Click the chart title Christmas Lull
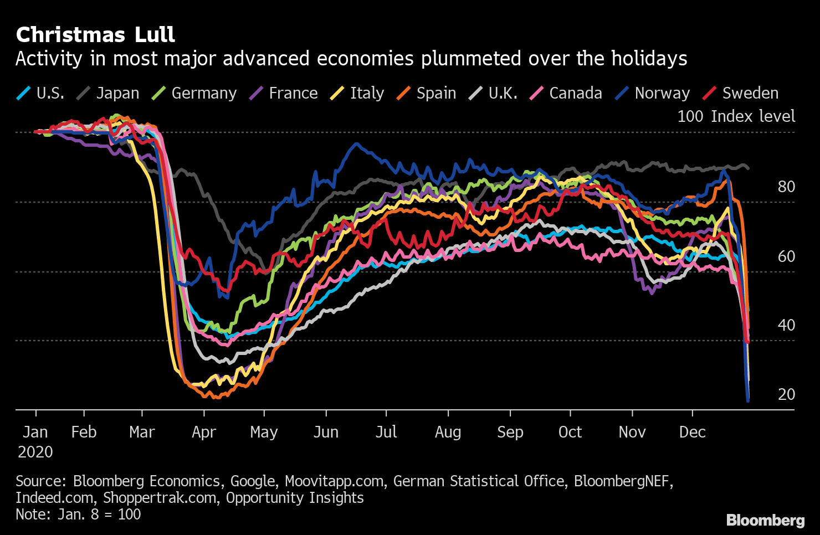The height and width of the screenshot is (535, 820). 95,35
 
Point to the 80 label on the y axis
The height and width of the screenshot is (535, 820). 786,187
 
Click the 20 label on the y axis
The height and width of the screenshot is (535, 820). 786,394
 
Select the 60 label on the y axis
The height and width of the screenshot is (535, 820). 786,256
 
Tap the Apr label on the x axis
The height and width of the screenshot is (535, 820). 204,433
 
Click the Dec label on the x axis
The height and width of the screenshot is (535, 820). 692,432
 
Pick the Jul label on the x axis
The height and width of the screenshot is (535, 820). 386,432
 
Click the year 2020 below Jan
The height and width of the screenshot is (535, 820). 35,452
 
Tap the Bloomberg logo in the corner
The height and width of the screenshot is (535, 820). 765,521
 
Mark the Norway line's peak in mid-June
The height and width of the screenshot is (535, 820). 356,145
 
